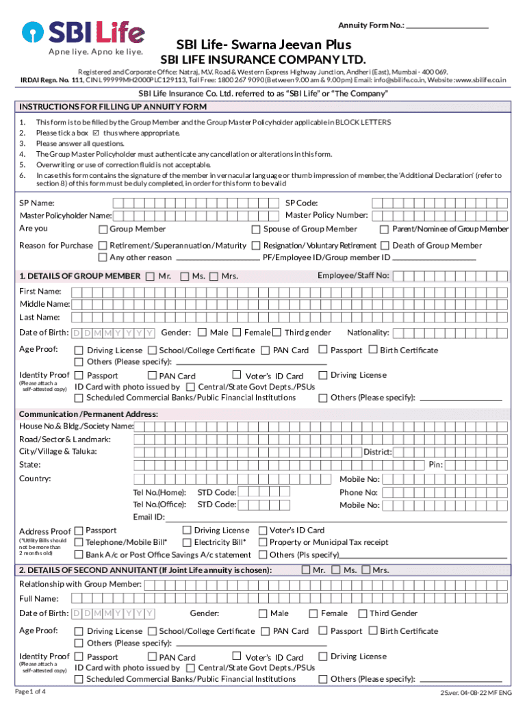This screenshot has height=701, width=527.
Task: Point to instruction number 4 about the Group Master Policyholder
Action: pos(185,154)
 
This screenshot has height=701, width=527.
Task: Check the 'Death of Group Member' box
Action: pos(386,245)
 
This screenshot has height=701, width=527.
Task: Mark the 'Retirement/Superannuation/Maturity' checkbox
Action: pos(103,245)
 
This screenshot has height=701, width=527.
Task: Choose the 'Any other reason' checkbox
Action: pos(103,257)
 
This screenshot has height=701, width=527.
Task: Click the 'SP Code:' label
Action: pos(301,203)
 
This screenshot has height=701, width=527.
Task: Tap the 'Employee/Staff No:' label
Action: pos(353,275)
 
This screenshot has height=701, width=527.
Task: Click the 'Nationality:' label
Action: pos(368,333)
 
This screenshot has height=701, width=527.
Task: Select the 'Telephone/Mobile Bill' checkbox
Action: pos(79,542)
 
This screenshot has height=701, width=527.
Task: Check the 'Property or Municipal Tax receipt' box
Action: pos(263,542)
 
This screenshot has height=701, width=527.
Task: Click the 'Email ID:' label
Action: pos(149,517)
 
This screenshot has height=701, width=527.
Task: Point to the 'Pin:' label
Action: pos(435,465)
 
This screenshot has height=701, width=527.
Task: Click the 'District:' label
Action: pos(377,452)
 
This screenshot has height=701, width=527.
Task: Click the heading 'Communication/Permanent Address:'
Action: pos(88,414)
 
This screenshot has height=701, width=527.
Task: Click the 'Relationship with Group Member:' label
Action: pos(80,584)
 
